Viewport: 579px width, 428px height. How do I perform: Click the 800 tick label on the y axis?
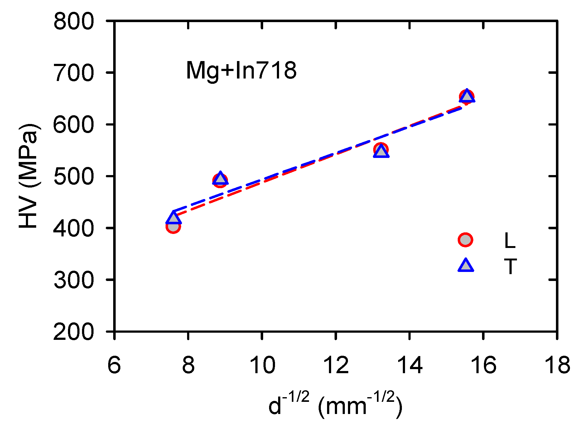coord(74,22)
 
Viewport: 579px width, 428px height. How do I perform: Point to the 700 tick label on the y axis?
coord(74,74)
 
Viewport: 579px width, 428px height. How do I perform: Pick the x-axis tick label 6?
coord(114,365)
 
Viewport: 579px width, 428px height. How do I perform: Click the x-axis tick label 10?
coord(263,365)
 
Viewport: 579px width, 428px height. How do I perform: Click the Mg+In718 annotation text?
coord(241,71)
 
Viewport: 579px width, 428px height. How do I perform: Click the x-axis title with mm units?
coord(335,405)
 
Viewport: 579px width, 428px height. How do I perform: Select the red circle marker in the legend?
coord(465,240)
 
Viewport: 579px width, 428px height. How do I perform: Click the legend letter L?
coord(509,240)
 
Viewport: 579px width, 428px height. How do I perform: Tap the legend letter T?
coord(510,267)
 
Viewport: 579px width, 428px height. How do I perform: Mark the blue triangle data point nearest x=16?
coord(467,96)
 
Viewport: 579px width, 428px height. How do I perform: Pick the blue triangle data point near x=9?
coord(220,178)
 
